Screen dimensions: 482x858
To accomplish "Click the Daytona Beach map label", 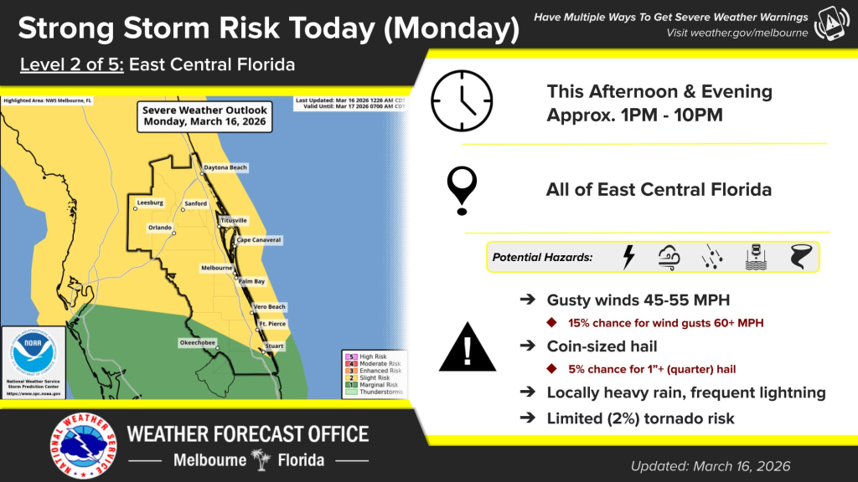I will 226,168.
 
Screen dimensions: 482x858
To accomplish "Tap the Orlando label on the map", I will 159,228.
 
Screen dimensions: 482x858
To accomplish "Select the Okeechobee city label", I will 198,342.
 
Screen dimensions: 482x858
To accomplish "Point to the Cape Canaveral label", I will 259,240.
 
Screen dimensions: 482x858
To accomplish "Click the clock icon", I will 462,100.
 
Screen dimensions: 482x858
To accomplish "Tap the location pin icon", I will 462,189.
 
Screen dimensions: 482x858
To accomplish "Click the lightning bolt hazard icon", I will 628,257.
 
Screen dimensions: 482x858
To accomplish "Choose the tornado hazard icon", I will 799,257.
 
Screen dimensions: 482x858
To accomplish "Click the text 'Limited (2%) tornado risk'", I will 640,418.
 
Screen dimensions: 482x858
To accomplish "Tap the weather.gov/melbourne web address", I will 737,33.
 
